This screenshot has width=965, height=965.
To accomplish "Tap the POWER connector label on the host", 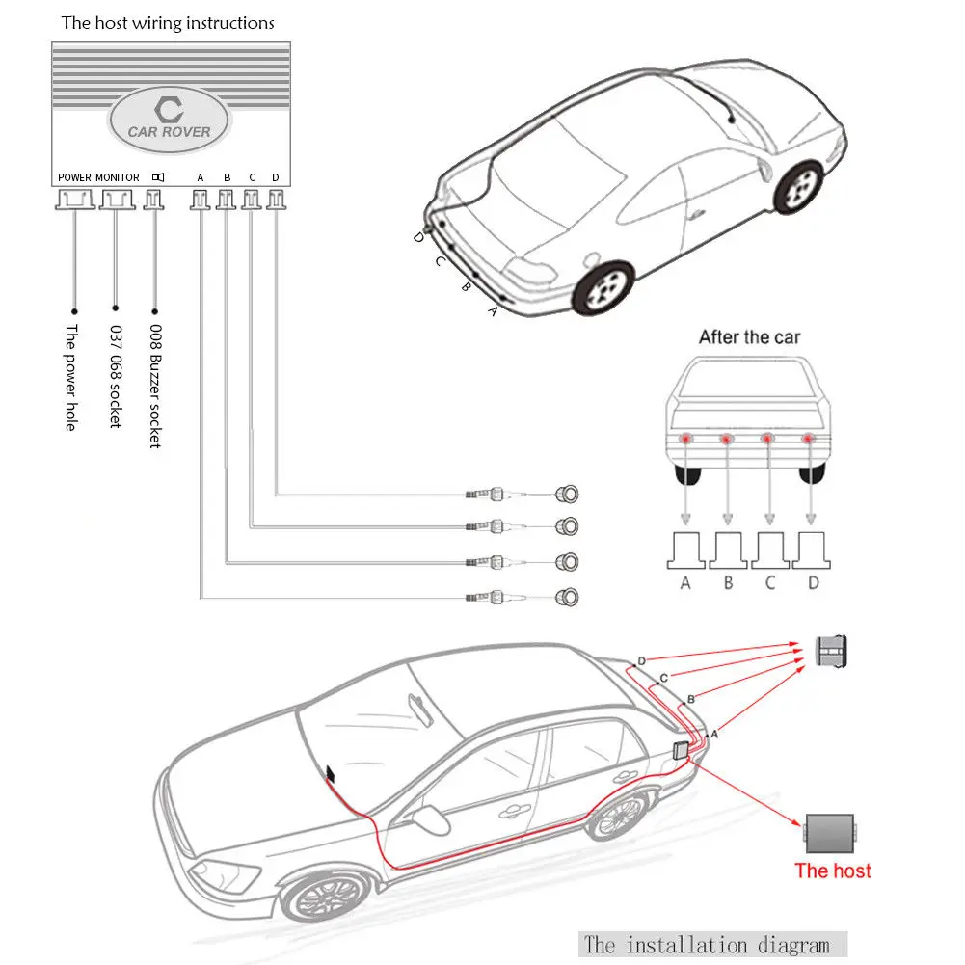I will [74, 177].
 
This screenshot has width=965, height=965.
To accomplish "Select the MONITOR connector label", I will [118, 177].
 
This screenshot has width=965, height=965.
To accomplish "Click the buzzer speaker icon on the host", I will [158, 177].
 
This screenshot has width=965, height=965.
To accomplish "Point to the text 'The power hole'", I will [70, 377].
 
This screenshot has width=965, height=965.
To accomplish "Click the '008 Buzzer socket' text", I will [154, 386].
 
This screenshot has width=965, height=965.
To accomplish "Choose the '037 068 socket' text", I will [114, 377].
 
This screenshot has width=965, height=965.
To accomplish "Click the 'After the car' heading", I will [749, 337].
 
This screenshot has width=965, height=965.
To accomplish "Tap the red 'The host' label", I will [832, 871].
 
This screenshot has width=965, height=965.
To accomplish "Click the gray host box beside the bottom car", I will [830, 830].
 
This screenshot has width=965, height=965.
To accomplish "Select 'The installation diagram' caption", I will [712, 944].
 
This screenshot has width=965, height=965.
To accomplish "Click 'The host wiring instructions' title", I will [168, 22].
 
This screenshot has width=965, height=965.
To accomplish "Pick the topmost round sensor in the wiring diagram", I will [566, 495].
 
